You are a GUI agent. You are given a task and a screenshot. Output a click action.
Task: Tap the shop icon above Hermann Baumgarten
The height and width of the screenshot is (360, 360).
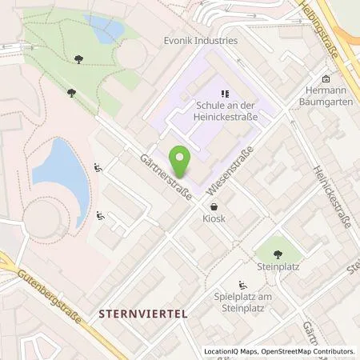(x=326, y=79)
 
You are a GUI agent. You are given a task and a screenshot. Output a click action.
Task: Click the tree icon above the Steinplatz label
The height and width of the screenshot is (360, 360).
(x=278, y=254)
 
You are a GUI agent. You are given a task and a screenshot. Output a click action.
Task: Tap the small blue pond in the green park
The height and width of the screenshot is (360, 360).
(x=105, y=30)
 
